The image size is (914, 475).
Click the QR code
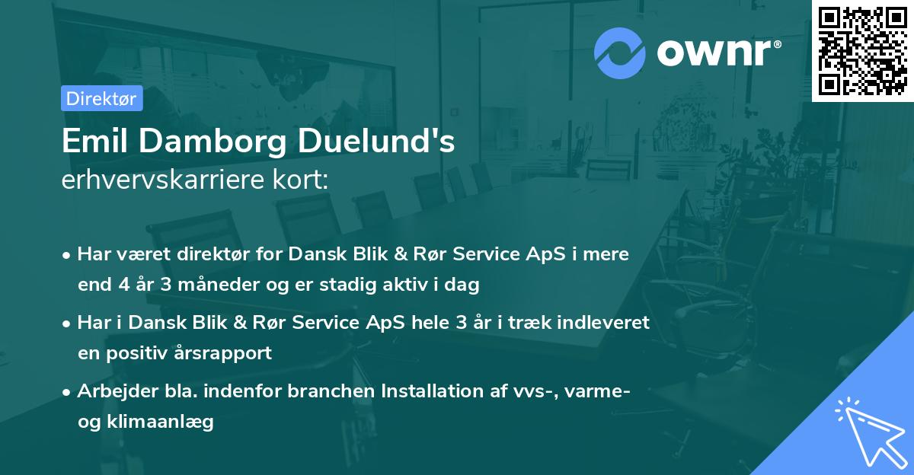862,51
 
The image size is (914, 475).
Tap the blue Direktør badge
101,98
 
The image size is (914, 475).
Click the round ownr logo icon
620,53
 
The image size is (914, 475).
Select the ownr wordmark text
717,53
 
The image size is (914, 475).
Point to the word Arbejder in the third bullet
111,391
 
